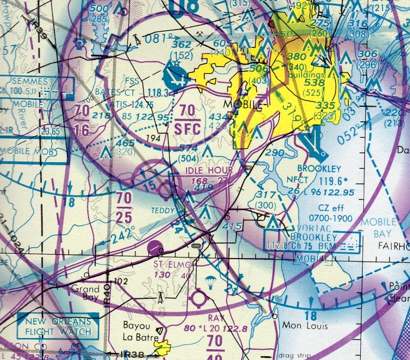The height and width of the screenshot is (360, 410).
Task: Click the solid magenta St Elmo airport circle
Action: (x=155, y=248)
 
